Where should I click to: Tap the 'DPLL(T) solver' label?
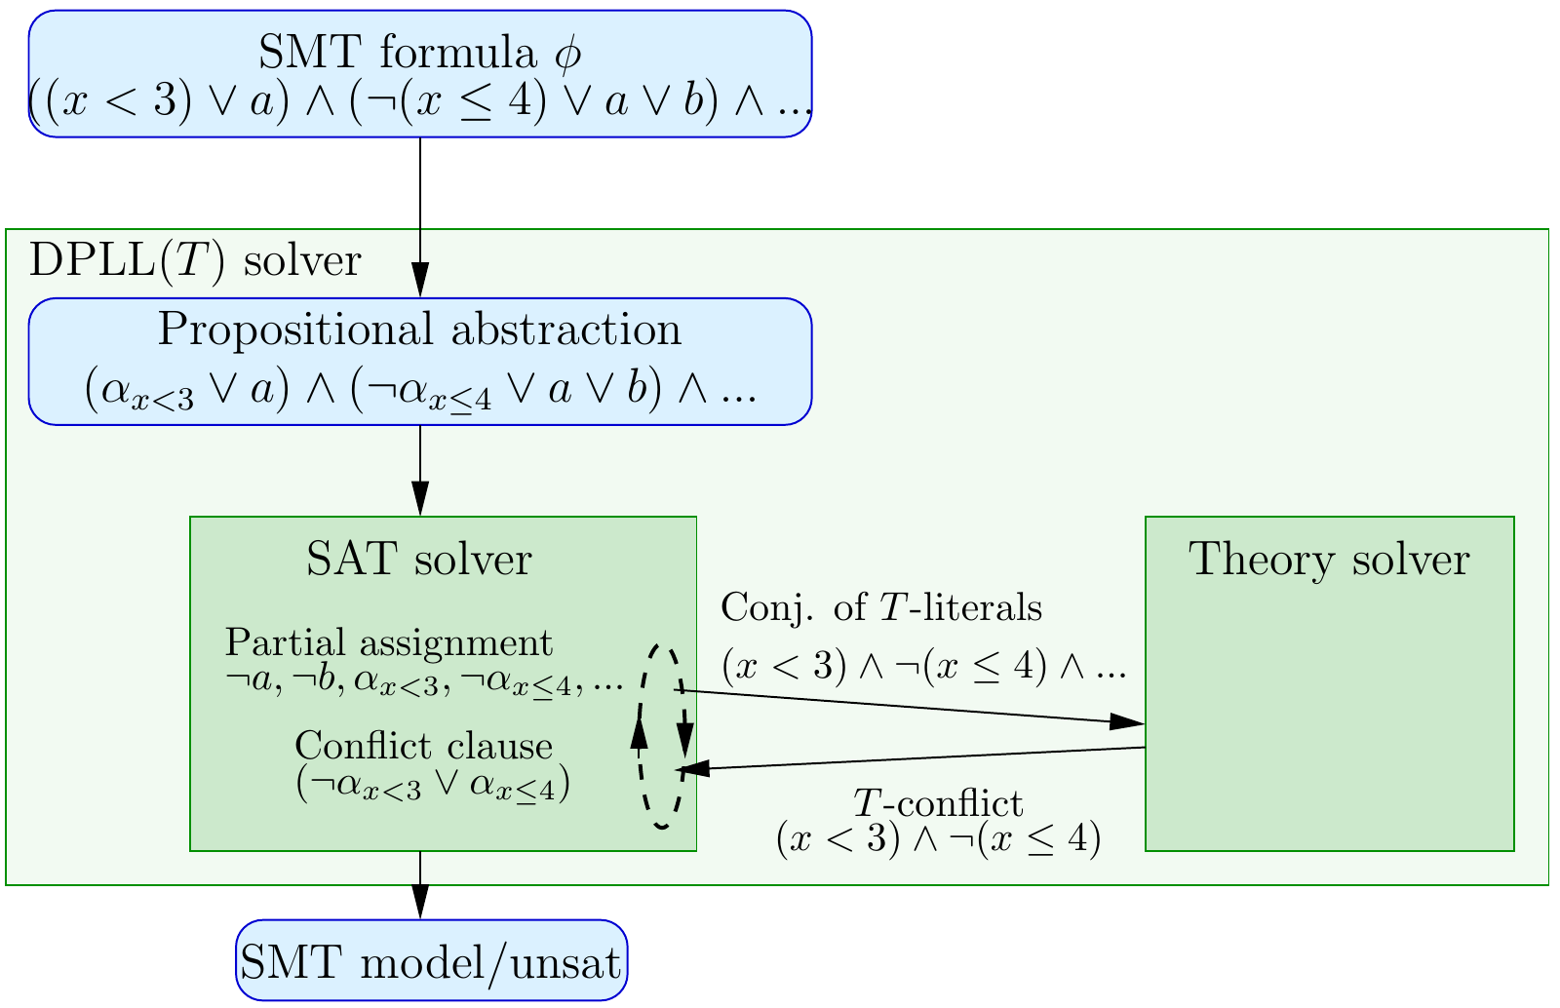click(x=195, y=261)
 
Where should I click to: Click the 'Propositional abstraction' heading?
click(x=419, y=330)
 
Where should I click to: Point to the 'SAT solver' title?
click(x=419, y=560)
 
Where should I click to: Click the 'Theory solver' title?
click(x=1329, y=560)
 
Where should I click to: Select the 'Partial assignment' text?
click(x=389, y=642)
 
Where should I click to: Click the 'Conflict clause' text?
click(x=423, y=746)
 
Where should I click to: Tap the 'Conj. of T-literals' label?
click(x=881, y=608)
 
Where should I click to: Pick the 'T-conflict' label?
click(x=938, y=803)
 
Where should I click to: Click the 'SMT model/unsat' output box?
click(x=431, y=961)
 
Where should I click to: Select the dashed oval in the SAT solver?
click(x=663, y=737)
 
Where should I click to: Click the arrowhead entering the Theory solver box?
click(x=1128, y=722)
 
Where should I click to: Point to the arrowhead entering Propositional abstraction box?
click(x=420, y=282)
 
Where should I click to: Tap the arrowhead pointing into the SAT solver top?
click(x=420, y=500)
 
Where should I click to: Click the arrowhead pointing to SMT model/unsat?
click(x=420, y=903)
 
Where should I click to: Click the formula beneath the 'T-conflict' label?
click(x=938, y=840)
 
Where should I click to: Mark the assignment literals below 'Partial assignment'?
click(x=423, y=681)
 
